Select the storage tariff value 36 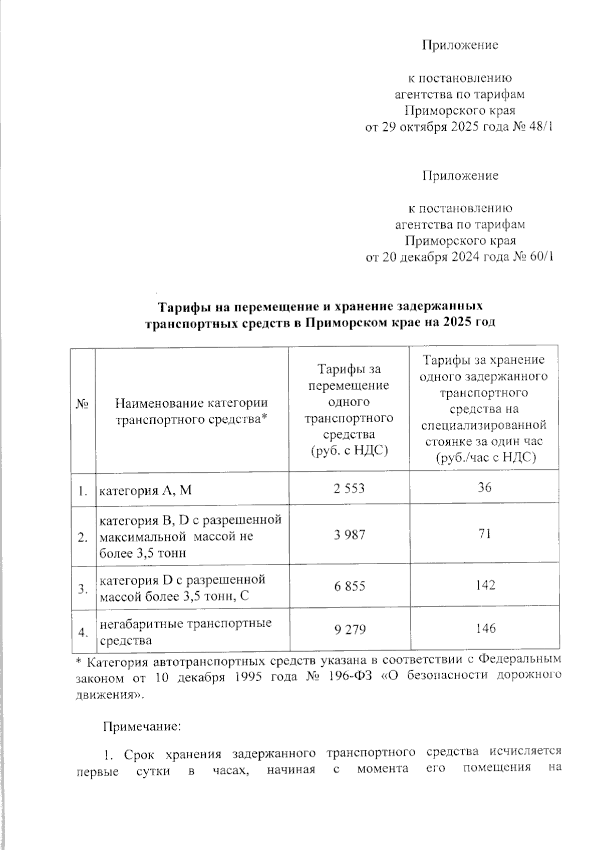pyautogui.click(x=484, y=487)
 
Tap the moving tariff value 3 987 pyautogui.click(x=349, y=535)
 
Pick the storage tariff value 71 pyautogui.click(x=484, y=534)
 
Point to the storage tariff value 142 pyautogui.click(x=484, y=585)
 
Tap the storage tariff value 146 pyautogui.click(x=484, y=628)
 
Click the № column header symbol pyautogui.click(x=83, y=403)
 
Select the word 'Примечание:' pyautogui.click(x=141, y=726)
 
